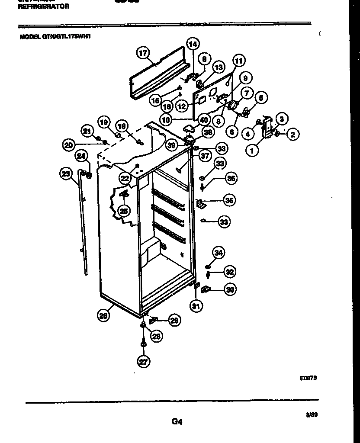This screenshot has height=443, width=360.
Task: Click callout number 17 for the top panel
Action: (142, 53)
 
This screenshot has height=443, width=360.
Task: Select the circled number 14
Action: (193, 43)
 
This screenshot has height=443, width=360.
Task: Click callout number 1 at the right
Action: (251, 151)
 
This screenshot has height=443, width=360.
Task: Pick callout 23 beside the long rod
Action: (65, 174)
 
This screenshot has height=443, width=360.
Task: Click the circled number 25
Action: (123, 211)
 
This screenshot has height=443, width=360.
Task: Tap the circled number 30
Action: (230, 290)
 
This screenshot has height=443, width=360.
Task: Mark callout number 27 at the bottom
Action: (142, 361)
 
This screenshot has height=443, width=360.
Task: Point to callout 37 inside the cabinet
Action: (205, 156)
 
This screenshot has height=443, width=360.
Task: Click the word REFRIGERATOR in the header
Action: (44, 6)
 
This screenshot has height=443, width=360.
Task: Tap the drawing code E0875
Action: (309, 377)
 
